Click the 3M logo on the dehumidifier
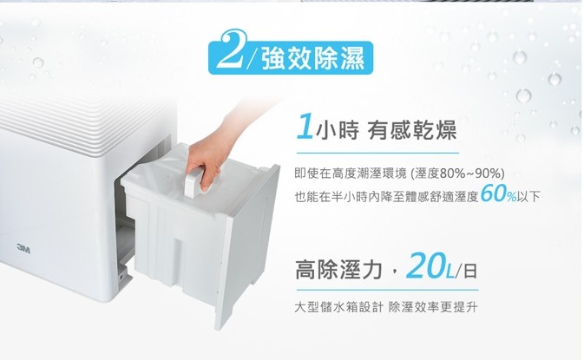pos(23,249)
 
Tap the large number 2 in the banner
pos(231,49)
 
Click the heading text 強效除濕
pos(313,59)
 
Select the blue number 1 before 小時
pos(305,127)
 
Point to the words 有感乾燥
pos(411,130)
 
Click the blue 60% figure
pos(498,193)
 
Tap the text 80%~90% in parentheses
pos(470,173)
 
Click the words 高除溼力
pos(339,270)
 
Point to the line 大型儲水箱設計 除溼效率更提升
pos(385,307)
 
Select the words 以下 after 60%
pos(528,196)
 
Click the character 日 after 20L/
pos(470,271)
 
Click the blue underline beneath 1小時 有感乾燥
pos(377,153)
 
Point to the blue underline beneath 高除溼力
pos(387,290)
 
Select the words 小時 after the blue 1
pos(337,131)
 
